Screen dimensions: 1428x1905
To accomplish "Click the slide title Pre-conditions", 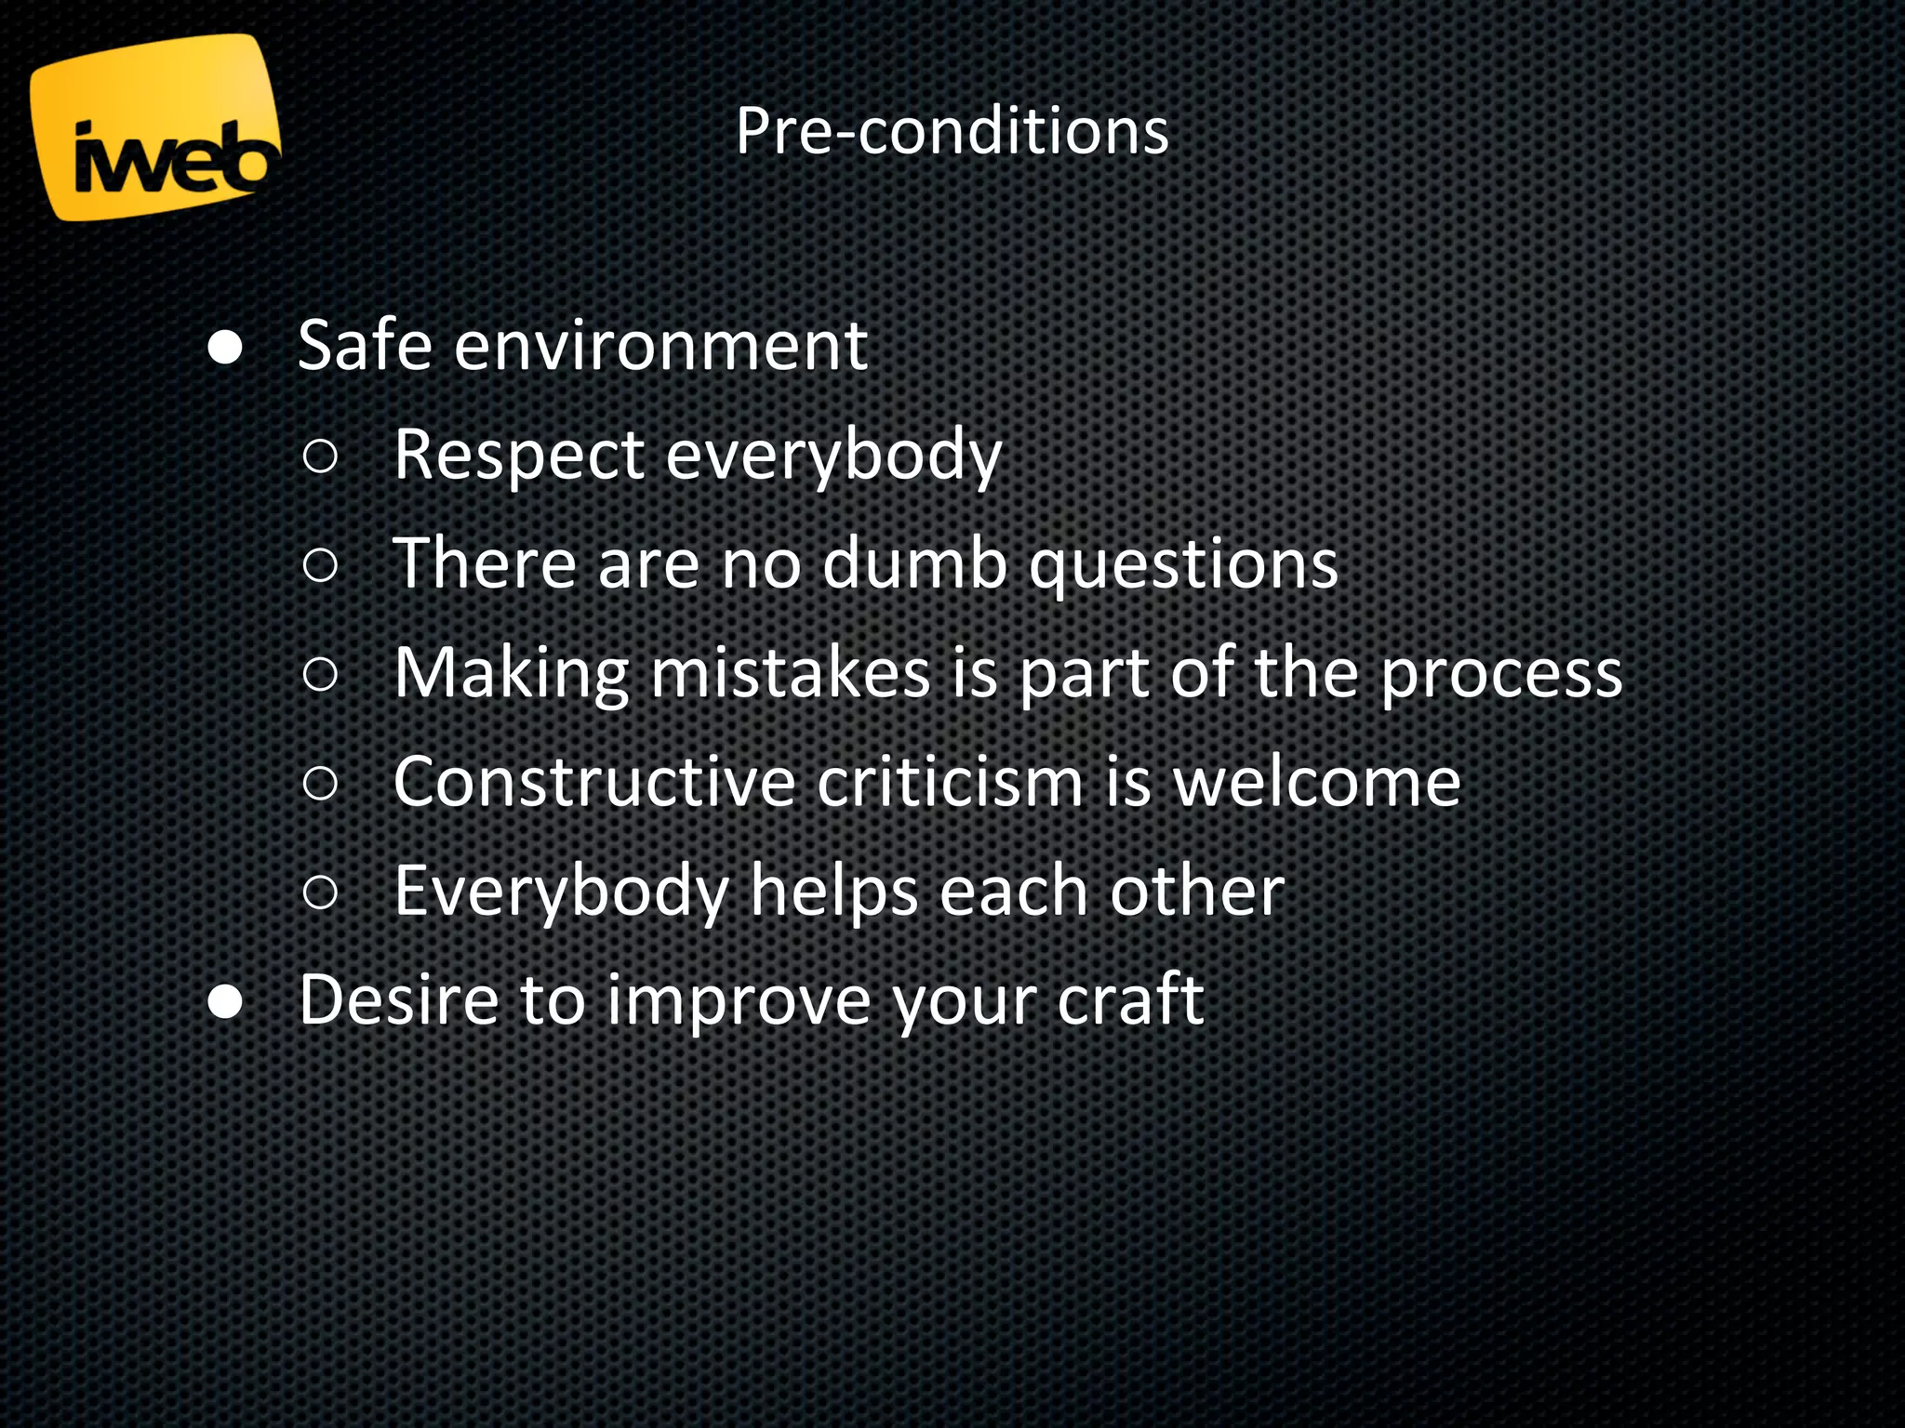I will pos(952,131).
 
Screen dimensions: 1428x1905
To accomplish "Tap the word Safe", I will pos(365,346).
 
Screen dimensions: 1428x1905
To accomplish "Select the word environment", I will pos(660,346).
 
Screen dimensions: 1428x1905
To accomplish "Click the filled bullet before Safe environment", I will pos(225,349).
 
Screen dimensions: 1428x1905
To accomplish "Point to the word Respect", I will pos(519,456).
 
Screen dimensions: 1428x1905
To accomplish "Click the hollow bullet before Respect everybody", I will pos(320,456).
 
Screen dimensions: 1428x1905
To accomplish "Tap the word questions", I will pos(1183,565).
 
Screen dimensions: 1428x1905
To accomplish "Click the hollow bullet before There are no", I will pos(320,564).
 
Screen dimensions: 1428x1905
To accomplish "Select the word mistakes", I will pos(791,672).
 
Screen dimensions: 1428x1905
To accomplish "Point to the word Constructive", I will pos(593,782).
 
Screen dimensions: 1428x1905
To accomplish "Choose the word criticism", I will pos(951,782).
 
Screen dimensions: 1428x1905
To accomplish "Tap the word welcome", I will pos(1316,782).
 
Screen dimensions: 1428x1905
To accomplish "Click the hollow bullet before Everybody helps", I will pos(320,892).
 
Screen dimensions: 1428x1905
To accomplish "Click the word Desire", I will pos(398,1000).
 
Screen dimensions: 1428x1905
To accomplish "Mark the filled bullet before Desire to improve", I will pos(225,1002).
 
